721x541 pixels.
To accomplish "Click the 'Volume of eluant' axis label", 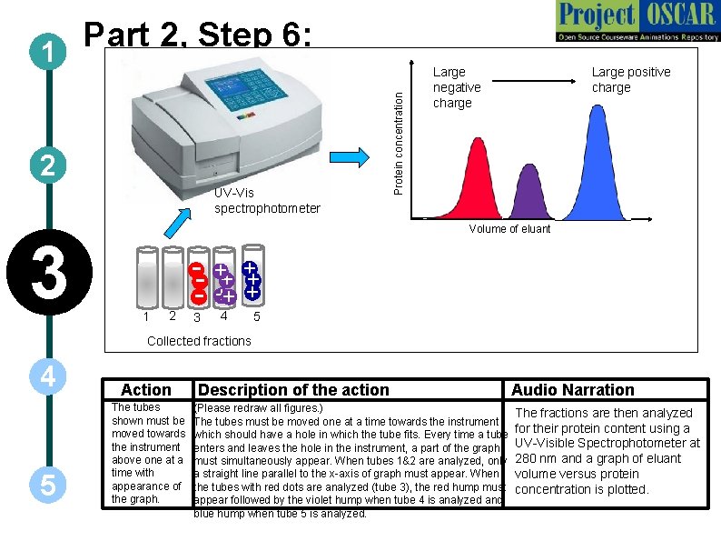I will tap(509, 229).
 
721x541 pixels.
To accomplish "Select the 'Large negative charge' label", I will tap(456, 87).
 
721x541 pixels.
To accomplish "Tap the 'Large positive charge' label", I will tap(630, 79).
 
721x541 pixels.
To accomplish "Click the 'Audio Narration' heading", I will tap(573, 390).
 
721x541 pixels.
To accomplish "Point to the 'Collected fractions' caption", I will tap(199, 341).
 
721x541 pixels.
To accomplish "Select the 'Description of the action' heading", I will tap(293, 390).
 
